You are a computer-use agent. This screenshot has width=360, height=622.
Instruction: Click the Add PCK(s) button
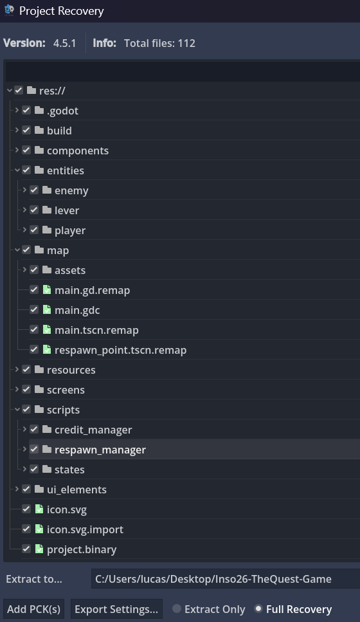[33, 609]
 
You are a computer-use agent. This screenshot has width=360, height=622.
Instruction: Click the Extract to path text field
[226, 579]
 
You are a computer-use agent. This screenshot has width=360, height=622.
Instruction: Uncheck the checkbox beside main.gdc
[34, 309]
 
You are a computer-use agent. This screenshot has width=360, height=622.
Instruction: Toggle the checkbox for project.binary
[26, 549]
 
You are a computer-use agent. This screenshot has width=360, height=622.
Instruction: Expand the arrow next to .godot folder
[17, 110]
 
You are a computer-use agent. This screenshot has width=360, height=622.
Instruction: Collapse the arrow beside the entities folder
[17, 170]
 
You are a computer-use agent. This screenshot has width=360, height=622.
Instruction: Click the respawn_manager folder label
[100, 450]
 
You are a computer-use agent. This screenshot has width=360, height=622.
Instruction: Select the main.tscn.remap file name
[96, 330]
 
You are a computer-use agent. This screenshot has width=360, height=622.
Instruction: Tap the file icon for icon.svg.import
[39, 529]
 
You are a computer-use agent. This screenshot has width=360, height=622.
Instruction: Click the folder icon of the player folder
[47, 230]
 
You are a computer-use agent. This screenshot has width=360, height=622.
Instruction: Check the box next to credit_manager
[34, 429]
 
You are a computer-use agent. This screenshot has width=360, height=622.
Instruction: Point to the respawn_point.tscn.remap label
[120, 351]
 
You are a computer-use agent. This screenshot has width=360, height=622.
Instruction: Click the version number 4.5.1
[65, 43]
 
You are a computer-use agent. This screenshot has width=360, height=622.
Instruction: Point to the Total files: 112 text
[159, 43]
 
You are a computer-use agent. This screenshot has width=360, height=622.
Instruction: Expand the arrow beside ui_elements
[17, 489]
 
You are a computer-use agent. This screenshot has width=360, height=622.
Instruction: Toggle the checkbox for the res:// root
[19, 90]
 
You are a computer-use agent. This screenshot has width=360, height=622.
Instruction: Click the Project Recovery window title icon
[9, 10]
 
